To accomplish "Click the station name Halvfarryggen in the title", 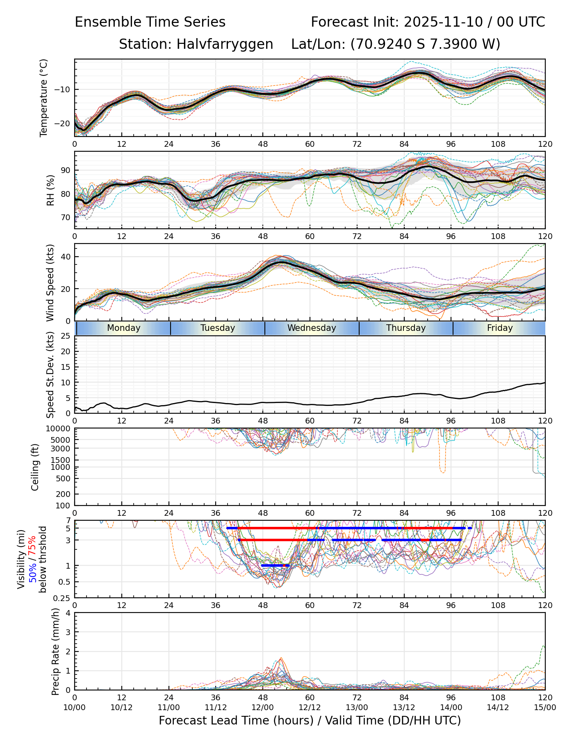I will (x=225, y=44).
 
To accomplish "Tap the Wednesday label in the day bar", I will (x=312, y=328).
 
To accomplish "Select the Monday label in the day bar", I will (x=123, y=328).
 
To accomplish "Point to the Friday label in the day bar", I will (x=500, y=328).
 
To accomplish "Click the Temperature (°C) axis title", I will (x=44, y=98).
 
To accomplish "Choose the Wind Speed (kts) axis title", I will (x=50, y=282).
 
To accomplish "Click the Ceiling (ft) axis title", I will (x=35, y=467).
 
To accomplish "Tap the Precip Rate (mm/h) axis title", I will (x=55, y=651).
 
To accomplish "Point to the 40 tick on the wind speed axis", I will (x=66, y=257).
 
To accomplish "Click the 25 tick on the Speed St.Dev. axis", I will (x=66, y=336).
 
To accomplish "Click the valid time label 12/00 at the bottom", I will (x=263, y=707).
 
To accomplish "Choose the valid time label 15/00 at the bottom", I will (x=545, y=707).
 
